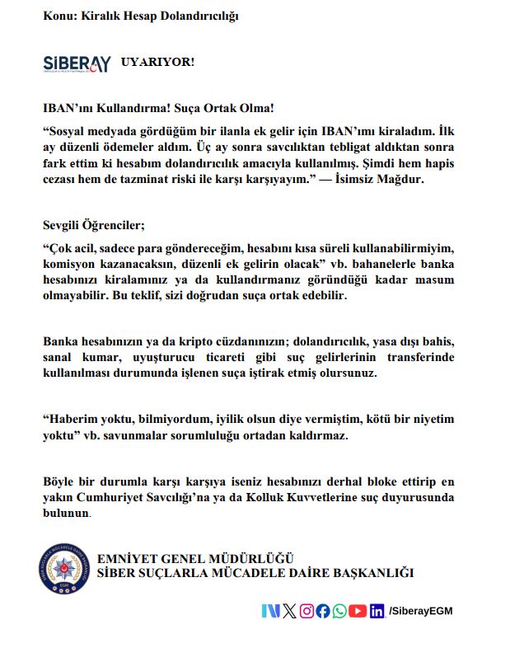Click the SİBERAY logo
coord(77,63)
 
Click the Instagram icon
coord(306,611)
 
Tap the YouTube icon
coord(357,611)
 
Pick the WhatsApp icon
coord(339,611)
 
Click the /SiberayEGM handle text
coord(421,611)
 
